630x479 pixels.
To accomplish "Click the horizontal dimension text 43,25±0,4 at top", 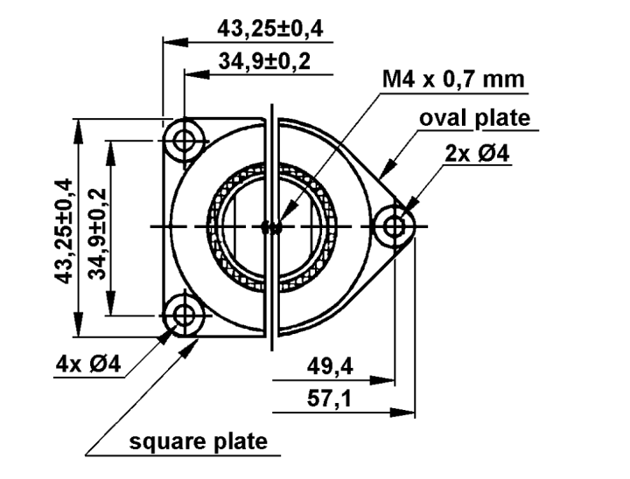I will pos(269,29).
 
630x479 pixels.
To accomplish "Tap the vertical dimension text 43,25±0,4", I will pos(63,228).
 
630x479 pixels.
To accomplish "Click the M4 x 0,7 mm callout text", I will pos(452,80).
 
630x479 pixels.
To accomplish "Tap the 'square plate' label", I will pos(199,441).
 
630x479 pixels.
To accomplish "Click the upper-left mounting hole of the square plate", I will pos(185,140).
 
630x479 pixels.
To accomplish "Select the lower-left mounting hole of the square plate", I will pos(185,314).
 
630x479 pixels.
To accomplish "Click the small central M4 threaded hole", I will pos(273,227).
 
